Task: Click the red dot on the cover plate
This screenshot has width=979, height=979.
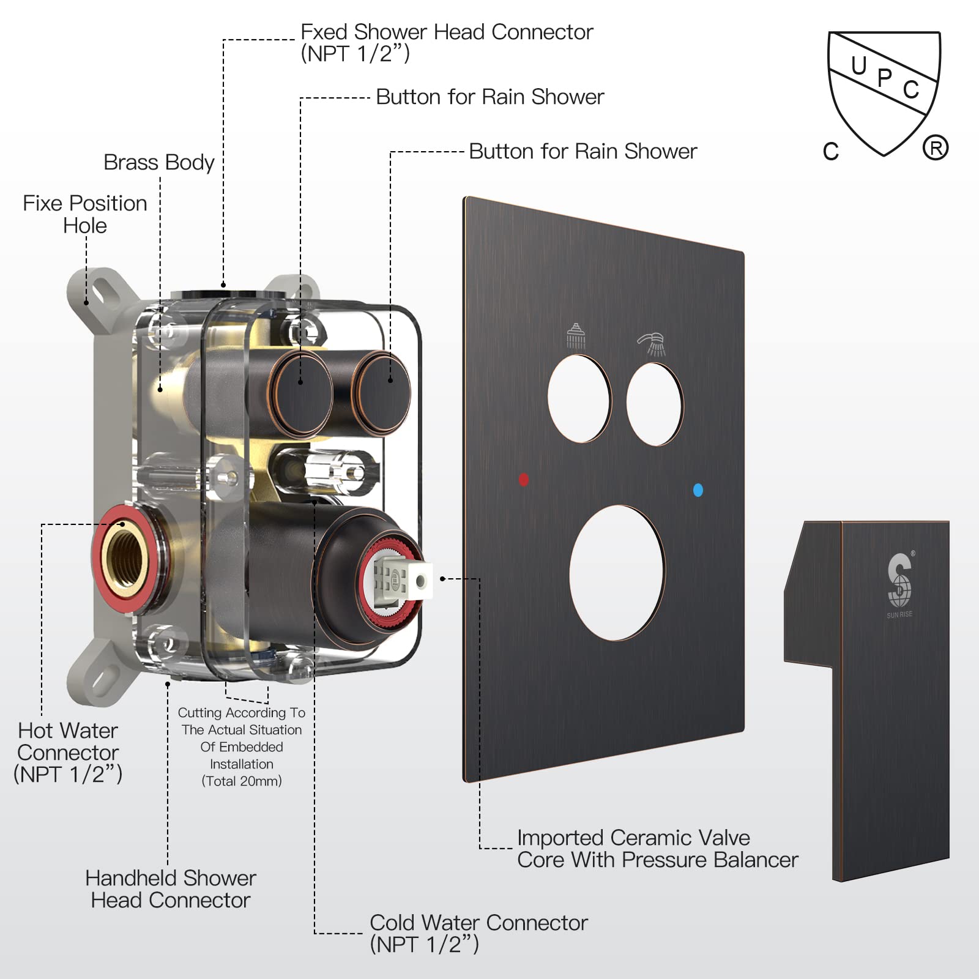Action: pos(524,479)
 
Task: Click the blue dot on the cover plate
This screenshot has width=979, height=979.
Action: pos(698,489)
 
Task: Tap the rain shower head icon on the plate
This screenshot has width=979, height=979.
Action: pos(576,336)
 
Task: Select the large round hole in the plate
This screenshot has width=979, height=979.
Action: pos(617,573)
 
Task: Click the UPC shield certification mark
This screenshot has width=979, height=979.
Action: pos(884,92)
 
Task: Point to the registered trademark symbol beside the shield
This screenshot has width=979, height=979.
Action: pos(936,148)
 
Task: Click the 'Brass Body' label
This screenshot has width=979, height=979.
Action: pos(158,162)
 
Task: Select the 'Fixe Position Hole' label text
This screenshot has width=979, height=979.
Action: pos(85,214)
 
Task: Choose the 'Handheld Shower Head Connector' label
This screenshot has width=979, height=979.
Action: pos(171,888)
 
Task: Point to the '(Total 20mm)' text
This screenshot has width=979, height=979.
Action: pos(242,781)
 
